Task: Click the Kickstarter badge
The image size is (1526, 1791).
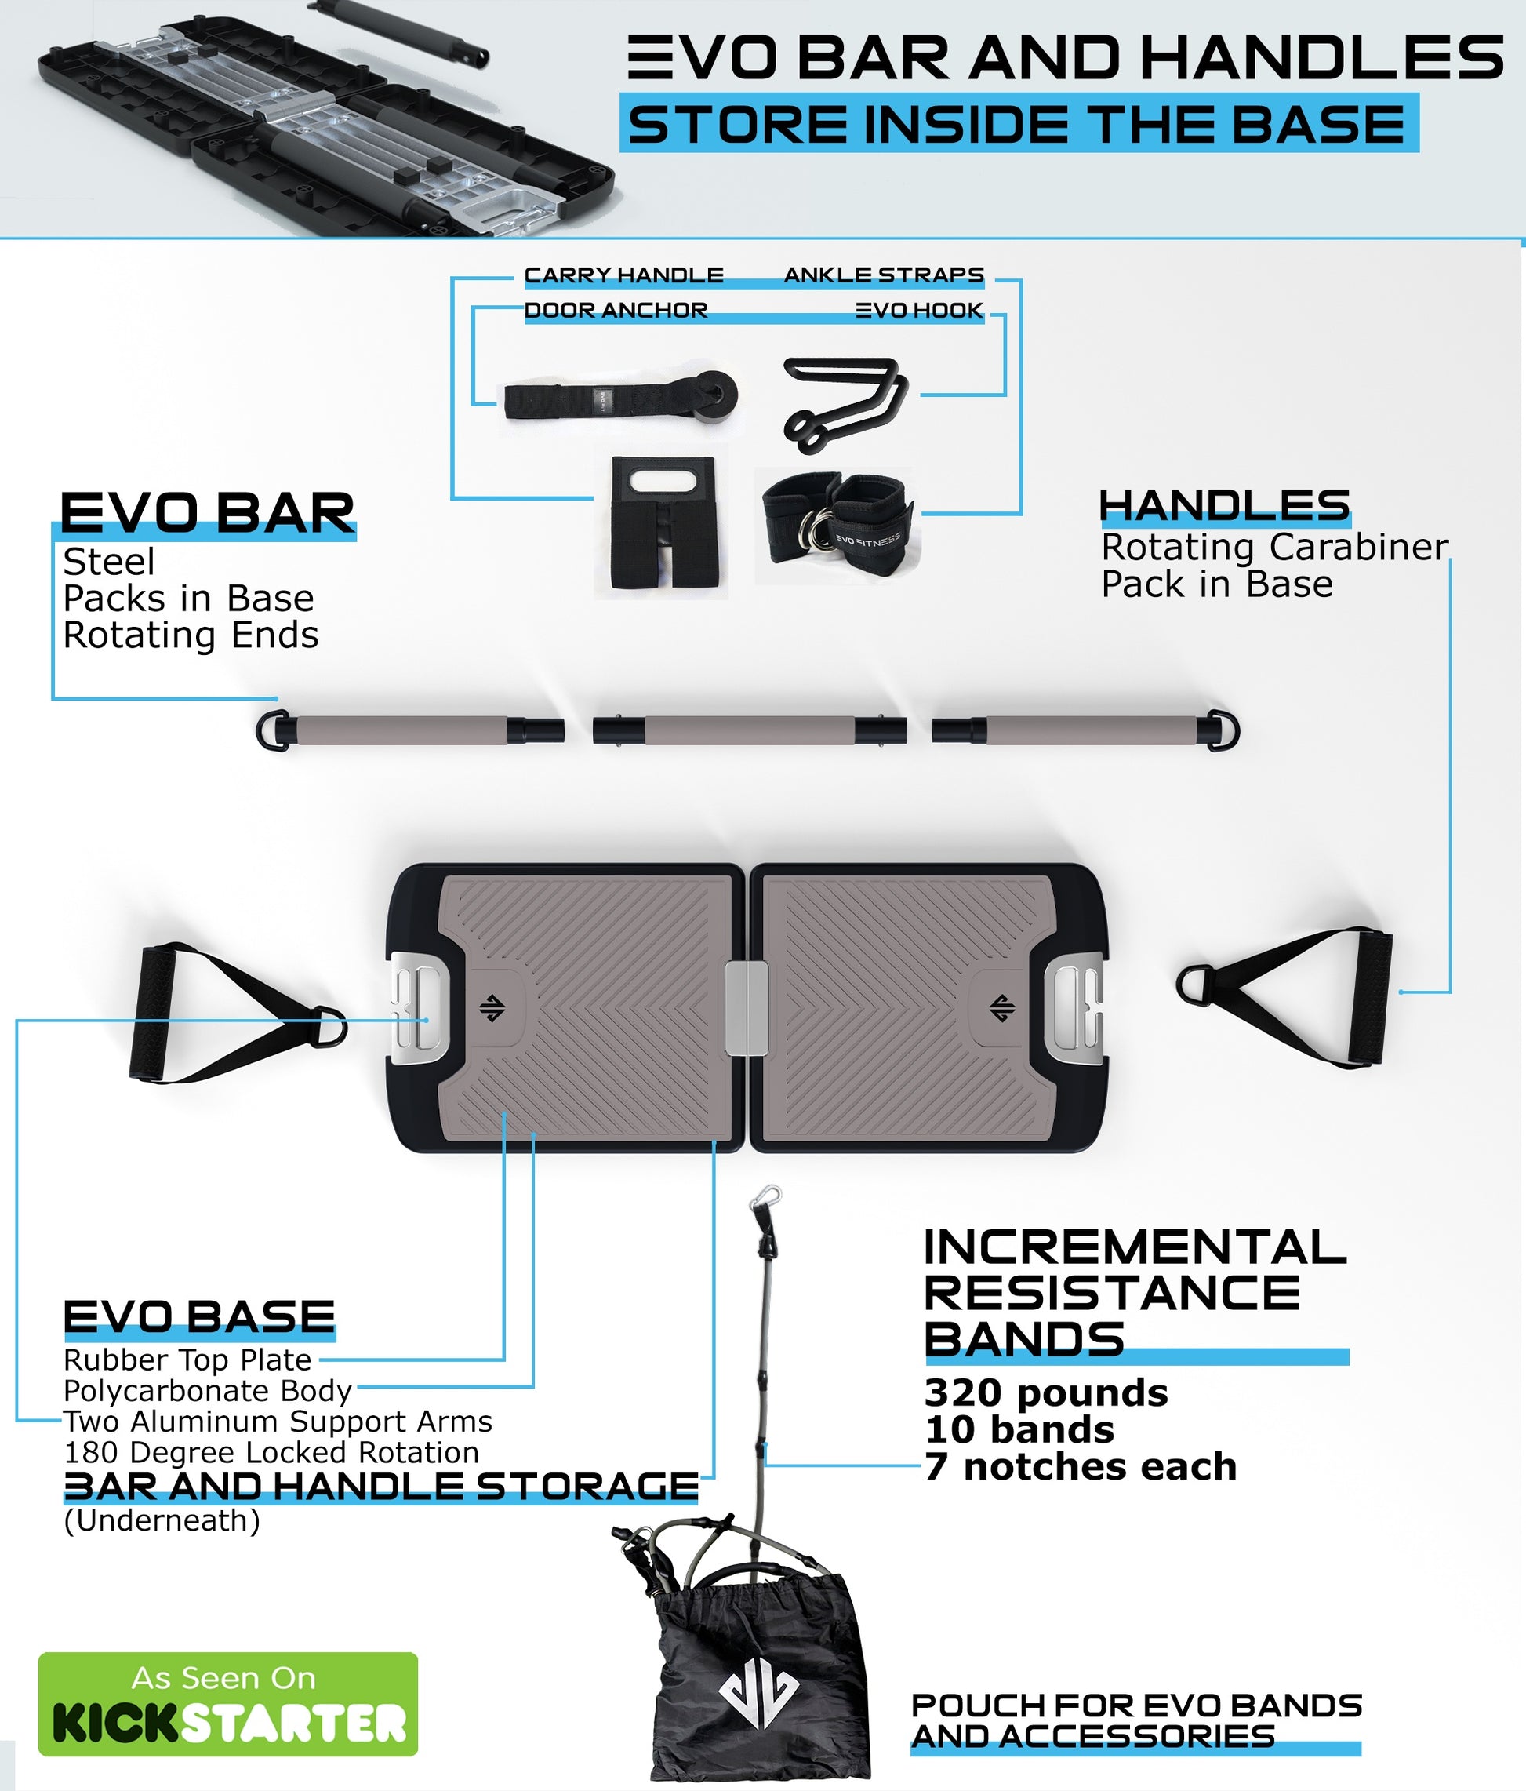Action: coord(228,1704)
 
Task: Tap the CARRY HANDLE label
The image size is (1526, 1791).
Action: coord(624,275)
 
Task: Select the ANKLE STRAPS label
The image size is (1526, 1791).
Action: coord(884,275)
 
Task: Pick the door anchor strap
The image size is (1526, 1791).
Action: coord(621,399)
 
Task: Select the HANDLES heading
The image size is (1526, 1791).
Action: coord(1224,506)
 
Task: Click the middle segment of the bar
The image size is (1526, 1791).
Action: coord(749,730)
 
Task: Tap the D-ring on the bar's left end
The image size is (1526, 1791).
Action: coord(272,730)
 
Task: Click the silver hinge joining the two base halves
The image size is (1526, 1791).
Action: coord(747,1008)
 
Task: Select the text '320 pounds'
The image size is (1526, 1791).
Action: coord(1045,1392)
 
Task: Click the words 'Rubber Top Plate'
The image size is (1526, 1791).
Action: coord(187,1360)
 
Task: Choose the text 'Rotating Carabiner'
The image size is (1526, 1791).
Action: coord(1274,547)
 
